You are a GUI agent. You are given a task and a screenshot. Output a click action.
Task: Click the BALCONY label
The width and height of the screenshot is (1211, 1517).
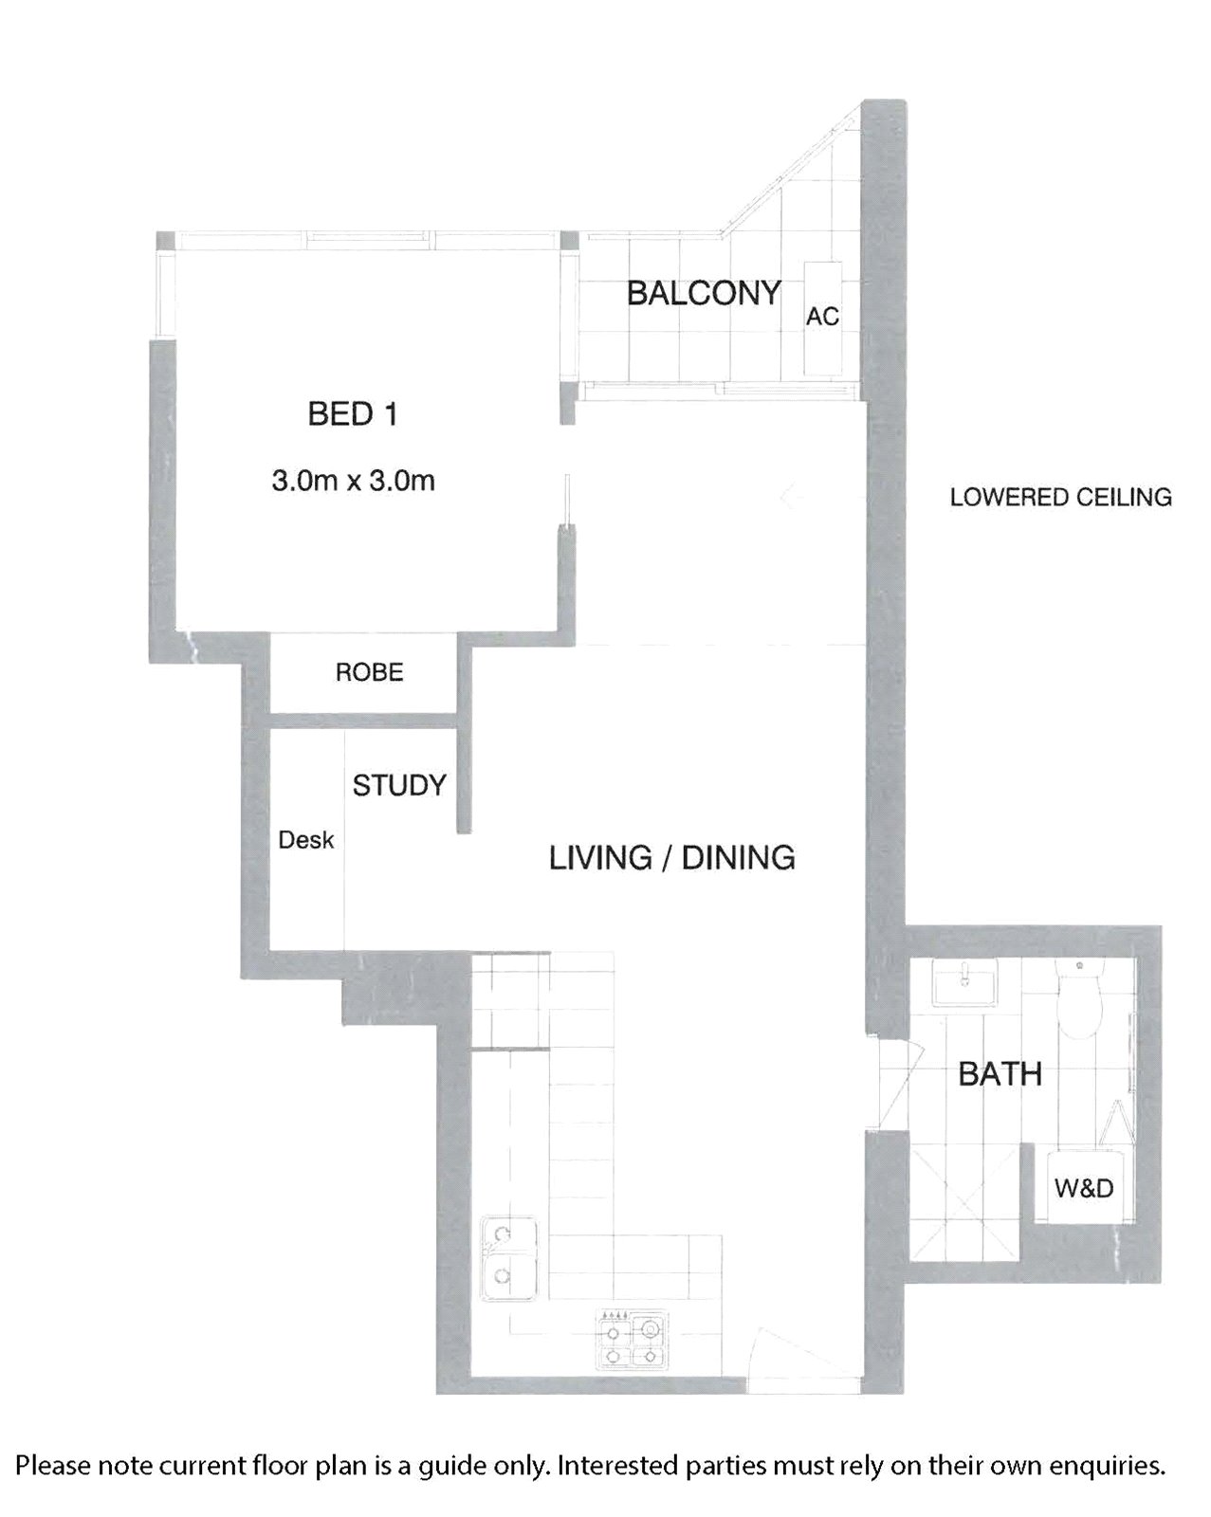704,293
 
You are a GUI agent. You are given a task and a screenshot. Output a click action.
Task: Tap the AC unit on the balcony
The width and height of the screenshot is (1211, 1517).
823,319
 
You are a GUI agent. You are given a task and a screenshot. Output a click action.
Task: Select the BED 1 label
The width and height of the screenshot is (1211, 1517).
353,413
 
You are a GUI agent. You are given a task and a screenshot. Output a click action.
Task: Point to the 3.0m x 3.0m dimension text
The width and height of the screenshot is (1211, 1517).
353,481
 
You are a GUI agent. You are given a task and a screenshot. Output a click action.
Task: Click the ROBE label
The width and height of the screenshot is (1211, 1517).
370,672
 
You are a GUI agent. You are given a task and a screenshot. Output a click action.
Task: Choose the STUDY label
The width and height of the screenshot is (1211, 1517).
399,785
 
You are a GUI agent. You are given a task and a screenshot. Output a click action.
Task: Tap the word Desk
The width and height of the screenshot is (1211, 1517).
306,840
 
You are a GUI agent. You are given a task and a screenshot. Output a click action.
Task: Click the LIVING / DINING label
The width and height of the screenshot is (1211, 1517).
672,858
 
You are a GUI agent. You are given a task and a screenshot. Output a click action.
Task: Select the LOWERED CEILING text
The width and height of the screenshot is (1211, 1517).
1061,498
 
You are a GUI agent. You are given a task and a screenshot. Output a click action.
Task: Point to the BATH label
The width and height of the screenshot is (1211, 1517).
1000,1074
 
